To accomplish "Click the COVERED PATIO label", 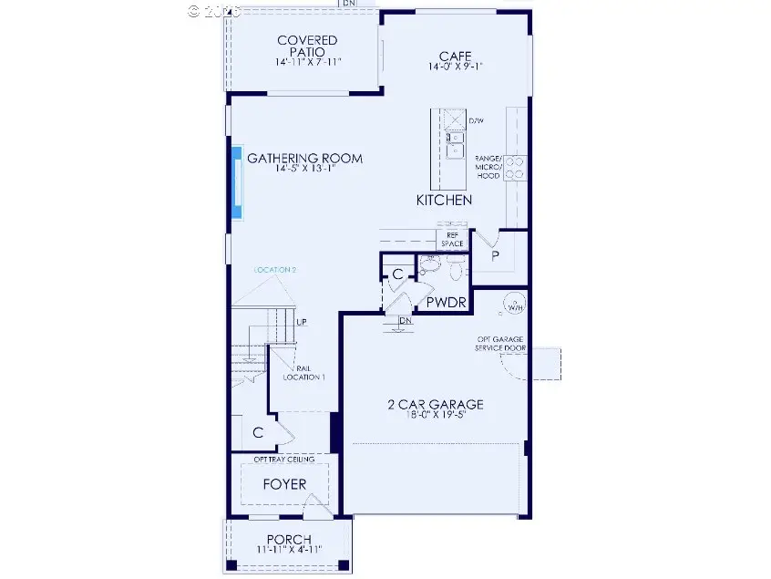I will tap(306, 47).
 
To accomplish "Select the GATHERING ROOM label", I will tap(304, 158).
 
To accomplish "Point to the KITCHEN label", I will tap(444, 200).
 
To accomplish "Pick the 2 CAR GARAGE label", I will tap(434, 405).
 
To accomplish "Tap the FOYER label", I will tap(284, 484).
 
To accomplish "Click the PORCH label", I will tap(288, 539).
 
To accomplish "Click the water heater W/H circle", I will tap(515, 305).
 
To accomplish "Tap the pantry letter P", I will tap(496, 256).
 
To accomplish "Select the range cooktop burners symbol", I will tap(515, 167).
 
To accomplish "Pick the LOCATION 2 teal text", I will tap(274, 270).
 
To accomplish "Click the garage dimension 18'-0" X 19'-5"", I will tap(434, 417).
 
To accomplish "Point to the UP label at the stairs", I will tap(302, 323).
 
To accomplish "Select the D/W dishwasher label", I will tap(475, 120).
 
